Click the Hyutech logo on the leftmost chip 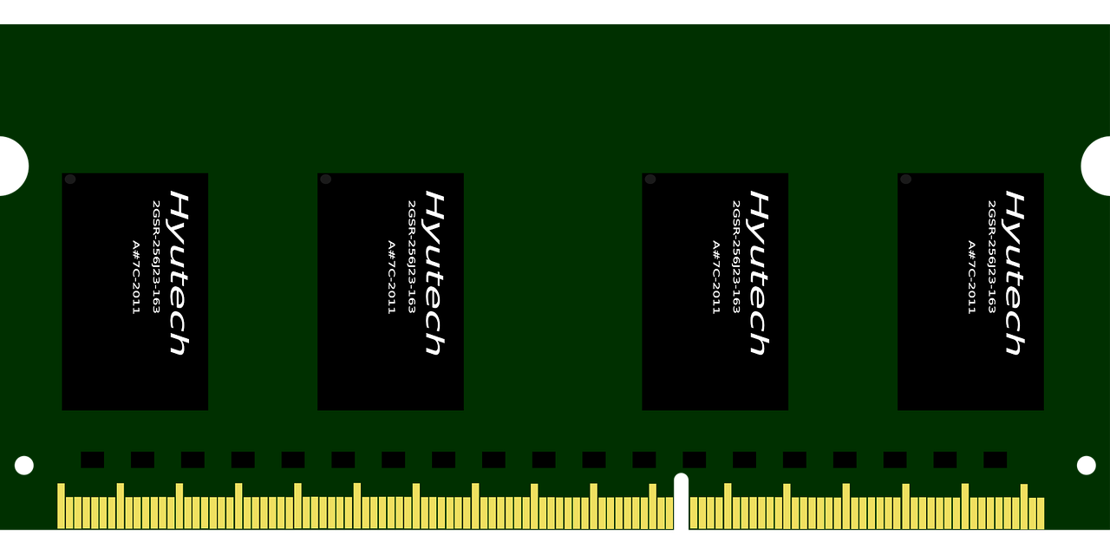tap(179, 273)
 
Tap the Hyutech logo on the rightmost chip tap(1015, 273)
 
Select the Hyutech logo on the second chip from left tap(434, 273)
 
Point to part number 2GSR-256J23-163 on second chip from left tap(411, 257)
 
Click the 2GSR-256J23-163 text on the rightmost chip tap(991, 257)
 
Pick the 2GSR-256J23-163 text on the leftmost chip tap(156, 257)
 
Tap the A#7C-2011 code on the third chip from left tap(715, 277)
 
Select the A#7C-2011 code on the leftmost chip tap(136, 277)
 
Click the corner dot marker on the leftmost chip tap(70, 180)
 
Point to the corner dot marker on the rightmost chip tap(906, 180)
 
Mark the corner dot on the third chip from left tap(650, 180)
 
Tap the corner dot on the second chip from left tap(325, 180)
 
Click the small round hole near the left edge tap(23, 466)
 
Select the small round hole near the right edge tap(1087, 466)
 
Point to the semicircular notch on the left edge tap(13, 166)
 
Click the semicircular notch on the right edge tap(1096, 166)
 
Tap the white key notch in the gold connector tap(682, 501)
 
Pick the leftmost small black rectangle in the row tap(93, 460)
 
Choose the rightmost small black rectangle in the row tap(995, 460)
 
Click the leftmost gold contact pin tap(61, 506)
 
